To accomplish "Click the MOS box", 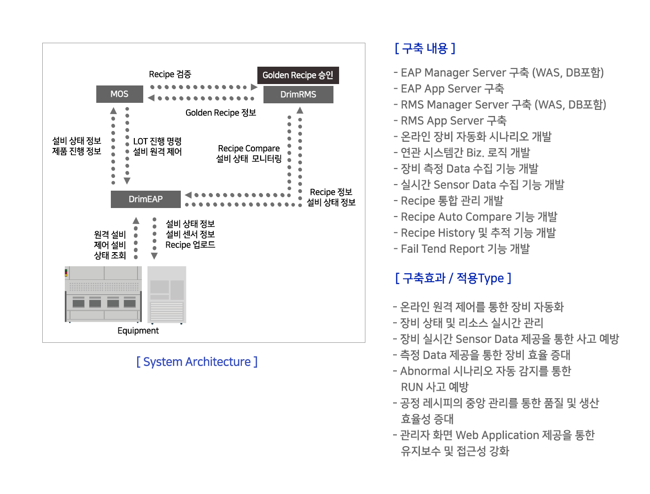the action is pos(119,94).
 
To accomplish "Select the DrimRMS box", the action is pos(298,94).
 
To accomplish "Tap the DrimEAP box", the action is pos(146,199).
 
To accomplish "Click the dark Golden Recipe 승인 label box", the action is pos(298,75).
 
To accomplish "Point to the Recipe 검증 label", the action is pos(170,74).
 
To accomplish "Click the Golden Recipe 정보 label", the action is pos(221,113).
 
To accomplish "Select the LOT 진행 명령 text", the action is pos(157,141).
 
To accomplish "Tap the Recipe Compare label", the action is pos(249,148).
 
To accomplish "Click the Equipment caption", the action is pos(138,331).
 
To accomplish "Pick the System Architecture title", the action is pos(197,362).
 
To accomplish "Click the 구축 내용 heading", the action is pos(425,48).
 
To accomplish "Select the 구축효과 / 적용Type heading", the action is pos(453,278).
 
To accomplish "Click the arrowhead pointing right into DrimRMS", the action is pos(254,87).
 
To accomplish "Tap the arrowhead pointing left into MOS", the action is pos(151,98).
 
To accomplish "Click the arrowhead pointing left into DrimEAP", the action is pos(188,195).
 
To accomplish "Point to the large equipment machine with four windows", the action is pos(103,294).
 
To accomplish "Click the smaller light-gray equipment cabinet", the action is pos(167,295).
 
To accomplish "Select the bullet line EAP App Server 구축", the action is pos(449,88).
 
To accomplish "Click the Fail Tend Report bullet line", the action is pos(462,248).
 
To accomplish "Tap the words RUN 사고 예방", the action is pos(434,387).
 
